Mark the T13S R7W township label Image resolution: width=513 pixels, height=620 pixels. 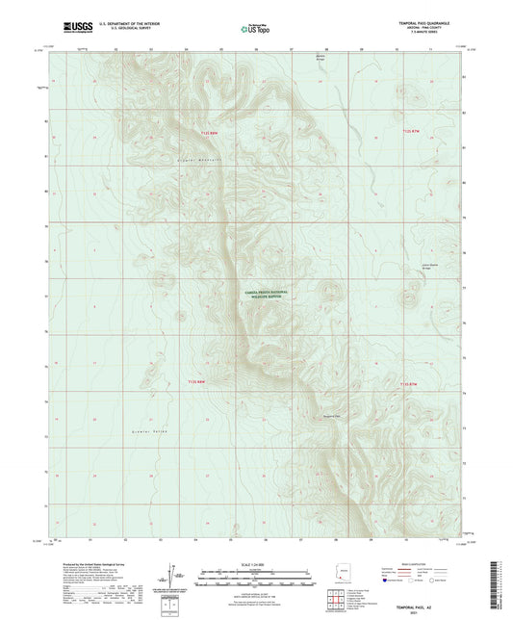pos(408,383)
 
